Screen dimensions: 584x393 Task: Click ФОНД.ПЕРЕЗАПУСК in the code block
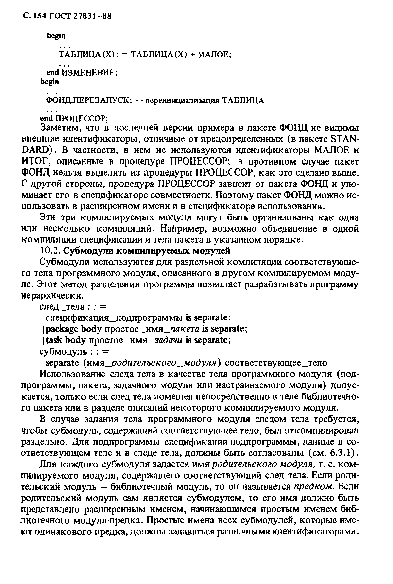pos(89,100)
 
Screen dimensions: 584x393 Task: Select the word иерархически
pos(51,296)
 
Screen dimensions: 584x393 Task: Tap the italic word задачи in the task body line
pos(168,340)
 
